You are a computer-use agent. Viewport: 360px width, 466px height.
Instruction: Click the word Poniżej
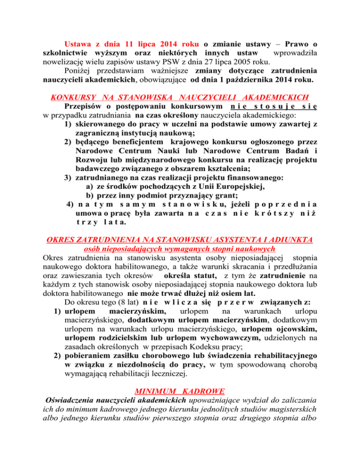(79, 70)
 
